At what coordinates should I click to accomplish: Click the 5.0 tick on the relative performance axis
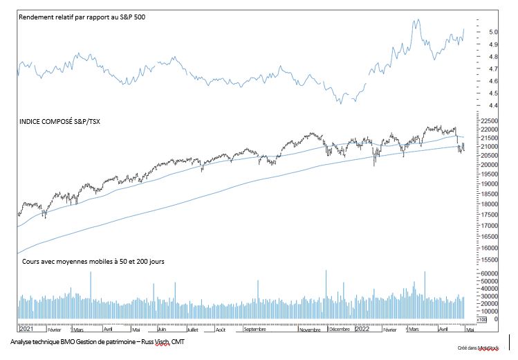(494, 32)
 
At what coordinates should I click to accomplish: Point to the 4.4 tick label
(494, 106)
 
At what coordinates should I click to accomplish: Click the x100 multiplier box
(482, 321)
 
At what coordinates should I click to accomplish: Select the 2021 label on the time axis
(26, 330)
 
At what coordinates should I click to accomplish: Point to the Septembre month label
(255, 330)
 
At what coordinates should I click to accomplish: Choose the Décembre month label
(339, 330)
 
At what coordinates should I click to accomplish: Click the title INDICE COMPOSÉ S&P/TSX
(60, 121)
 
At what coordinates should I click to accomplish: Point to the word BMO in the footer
(75, 343)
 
